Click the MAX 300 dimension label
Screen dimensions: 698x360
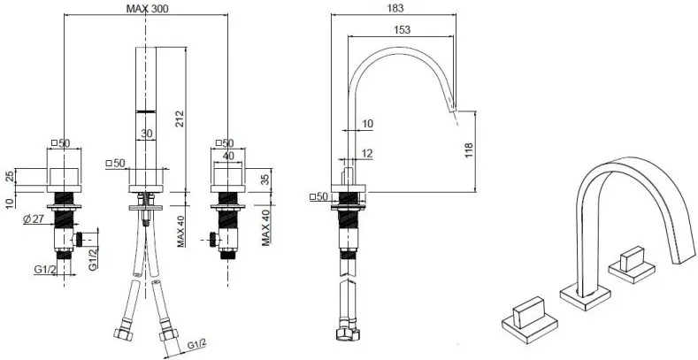(148, 9)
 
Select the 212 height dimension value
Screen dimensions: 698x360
(180, 119)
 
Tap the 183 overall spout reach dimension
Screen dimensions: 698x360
(395, 8)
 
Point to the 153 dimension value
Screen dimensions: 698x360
(402, 29)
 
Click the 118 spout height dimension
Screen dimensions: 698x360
(469, 150)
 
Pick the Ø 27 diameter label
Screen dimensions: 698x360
(32, 218)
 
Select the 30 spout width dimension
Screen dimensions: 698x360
(147, 133)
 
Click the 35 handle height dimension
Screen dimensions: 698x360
(265, 180)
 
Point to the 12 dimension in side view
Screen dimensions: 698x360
(367, 154)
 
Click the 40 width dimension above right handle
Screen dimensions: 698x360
(228, 156)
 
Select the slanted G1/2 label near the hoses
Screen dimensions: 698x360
(196, 344)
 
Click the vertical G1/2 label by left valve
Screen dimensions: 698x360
(93, 259)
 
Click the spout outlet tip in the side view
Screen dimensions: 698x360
(453, 107)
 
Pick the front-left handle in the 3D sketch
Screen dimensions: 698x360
(530, 319)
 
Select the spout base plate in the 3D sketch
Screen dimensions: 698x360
(585, 296)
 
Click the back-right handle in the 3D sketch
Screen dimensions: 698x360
(632, 264)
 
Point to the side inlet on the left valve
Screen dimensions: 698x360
(80, 240)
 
